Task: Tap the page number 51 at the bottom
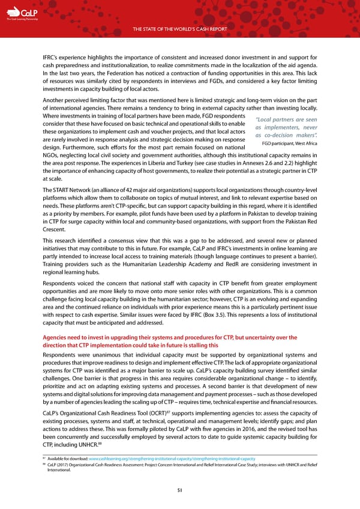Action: click(180, 490)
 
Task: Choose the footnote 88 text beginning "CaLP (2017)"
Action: click(180, 466)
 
